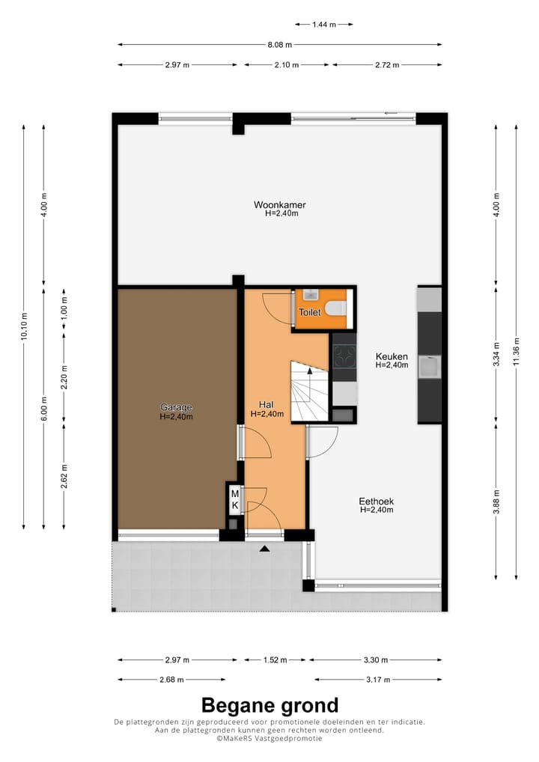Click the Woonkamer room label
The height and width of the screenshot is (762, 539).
coord(280,205)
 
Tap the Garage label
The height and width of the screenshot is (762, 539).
coord(176,408)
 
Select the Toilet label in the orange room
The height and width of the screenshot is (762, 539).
coord(310,312)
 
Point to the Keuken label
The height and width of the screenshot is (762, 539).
coord(391,357)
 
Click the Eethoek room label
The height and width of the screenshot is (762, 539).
coord(377,502)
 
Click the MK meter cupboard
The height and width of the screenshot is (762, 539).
coord(234,500)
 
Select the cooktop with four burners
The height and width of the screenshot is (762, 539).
coord(344,356)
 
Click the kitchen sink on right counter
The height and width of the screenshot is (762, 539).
coord(429,368)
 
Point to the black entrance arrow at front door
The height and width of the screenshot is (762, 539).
coord(264,549)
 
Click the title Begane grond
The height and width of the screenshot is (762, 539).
coord(269,705)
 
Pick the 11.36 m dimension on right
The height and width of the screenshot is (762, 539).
coord(516,352)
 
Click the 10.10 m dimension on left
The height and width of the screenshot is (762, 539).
coord(24,327)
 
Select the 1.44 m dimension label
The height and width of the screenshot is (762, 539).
coord(323,24)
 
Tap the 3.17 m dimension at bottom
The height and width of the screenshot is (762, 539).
coord(377,680)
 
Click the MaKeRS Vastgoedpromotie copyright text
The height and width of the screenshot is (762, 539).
coord(269,738)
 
